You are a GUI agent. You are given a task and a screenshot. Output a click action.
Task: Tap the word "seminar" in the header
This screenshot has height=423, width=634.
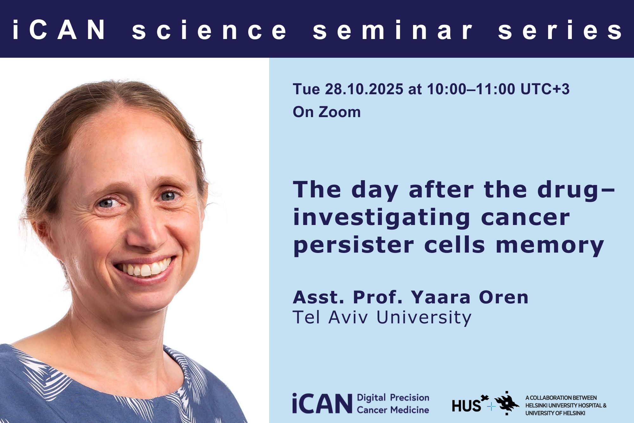pyautogui.click(x=393, y=30)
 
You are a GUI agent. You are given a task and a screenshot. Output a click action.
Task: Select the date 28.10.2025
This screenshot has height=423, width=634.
pyautogui.click(x=364, y=89)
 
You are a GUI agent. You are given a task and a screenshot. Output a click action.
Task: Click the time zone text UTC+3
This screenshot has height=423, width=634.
pyautogui.click(x=545, y=89)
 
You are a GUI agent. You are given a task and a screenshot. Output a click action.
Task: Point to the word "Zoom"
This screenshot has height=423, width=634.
pyautogui.click(x=340, y=112)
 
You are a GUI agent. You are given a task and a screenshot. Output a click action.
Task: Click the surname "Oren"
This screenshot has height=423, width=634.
pyautogui.click(x=503, y=297)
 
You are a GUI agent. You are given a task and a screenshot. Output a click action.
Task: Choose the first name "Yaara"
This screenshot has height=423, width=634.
pyautogui.click(x=441, y=297)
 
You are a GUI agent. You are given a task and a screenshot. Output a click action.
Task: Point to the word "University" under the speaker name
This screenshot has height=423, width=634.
pyautogui.click(x=424, y=318)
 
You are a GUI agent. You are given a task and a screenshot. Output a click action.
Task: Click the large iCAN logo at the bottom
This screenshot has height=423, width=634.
pyautogui.click(x=322, y=403)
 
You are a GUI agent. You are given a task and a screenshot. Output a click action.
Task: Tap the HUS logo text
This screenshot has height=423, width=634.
pyautogui.click(x=467, y=406)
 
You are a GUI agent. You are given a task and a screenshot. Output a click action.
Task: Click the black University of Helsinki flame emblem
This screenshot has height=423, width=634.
pyautogui.click(x=507, y=403)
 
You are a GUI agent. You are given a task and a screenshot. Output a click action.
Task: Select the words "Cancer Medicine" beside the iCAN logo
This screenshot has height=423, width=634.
pyautogui.click(x=393, y=410)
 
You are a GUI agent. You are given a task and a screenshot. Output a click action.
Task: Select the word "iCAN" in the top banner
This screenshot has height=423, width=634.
pyautogui.click(x=59, y=30)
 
